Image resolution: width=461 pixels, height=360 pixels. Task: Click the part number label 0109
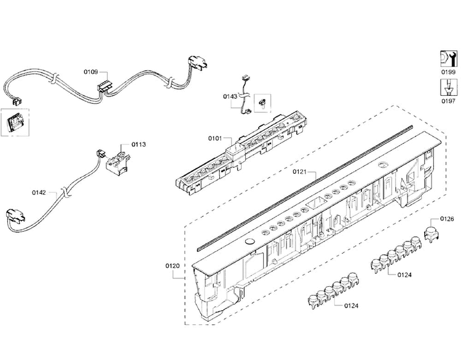pyautogui.click(x=90, y=72)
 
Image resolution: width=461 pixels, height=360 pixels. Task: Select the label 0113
pyautogui.click(x=138, y=144)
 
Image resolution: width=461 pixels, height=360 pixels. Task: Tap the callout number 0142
pyautogui.click(x=39, y=192)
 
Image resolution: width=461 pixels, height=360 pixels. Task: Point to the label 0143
pyautogui.click(x=230, y=96)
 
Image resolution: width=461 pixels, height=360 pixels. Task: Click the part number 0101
pyautogui.click(x=215, y=138)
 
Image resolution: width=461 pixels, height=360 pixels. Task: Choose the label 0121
pyautogui.click(x=299, y=171)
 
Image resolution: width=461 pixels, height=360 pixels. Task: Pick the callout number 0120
pyautogui.click(x=172, y=265)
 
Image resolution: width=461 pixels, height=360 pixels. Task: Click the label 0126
pyautogui.click(x=447, y=219)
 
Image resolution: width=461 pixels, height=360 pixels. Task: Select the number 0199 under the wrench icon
pyautogui.click(x=448, y=72)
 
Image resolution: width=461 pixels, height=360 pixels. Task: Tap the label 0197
pyautogui.click(x=448, y=101)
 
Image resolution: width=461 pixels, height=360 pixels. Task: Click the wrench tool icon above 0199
pyautogui.click(x=449, y=59)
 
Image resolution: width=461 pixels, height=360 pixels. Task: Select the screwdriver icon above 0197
pyautogui.click(x=449, y=87)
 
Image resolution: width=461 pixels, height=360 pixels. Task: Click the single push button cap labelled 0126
pyautogui.click(x=431, y=229)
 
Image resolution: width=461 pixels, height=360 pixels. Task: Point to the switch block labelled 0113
pyautogui.click(x=118, y=160)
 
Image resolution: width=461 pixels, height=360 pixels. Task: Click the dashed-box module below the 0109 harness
pyautogui.click(x=15, y=122)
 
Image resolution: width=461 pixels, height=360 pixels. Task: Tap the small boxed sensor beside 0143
pyautogui.click(x=262, y=103)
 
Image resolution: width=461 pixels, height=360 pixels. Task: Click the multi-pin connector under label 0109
pyautogui.click(x=104, y=88)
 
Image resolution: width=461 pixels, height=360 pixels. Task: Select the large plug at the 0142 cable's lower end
pyautogui.click(x=15, y=215)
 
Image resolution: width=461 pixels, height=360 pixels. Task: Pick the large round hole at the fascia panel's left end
pyautogui.click(x=250, y=241)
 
